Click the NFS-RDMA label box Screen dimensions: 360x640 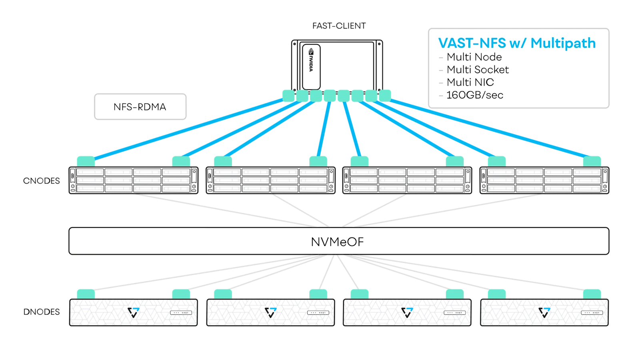[x=140, y=107]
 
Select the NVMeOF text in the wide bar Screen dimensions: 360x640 [x=337, y=242]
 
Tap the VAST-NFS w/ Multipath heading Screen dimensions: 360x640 [x=517, y=43]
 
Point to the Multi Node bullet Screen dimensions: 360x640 [x=474, y=57]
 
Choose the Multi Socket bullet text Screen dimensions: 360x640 [x=478, y=70]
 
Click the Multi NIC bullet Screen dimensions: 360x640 [x=470, y=82]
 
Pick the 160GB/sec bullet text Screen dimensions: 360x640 [x=475, y=95]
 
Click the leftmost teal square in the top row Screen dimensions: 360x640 [x=288, y=96]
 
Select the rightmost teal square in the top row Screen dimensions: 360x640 [x=385, y=96]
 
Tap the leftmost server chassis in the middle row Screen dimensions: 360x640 [x=134, y=180]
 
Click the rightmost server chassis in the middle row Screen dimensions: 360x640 [x=544, y=180]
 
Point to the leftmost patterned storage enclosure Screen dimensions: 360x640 [x=134, y=312]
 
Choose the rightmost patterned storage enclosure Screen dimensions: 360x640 [x=544, y=312]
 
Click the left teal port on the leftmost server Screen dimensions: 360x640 [x=86, y=161]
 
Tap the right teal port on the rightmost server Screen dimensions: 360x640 [x=592, y=161]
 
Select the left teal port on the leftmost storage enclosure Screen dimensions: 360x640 [x=86, y=294]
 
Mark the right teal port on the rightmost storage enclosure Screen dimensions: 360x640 [x=592, y=294]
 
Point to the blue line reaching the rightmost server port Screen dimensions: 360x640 [x=488, y=128]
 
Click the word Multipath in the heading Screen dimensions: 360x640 [x=563, y=43]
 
